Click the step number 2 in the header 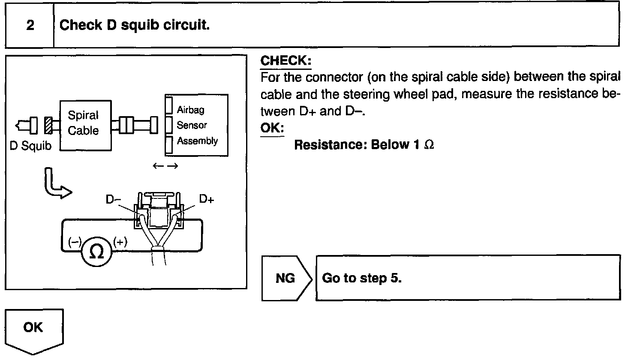30,25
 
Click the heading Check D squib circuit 135,25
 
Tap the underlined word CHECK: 285,60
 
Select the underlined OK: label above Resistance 272,128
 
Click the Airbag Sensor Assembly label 197,125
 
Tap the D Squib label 30,146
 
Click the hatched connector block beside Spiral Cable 47,125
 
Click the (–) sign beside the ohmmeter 75,242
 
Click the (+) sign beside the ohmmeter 120,242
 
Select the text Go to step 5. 361,278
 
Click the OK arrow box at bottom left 34,329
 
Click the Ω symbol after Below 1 429,145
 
